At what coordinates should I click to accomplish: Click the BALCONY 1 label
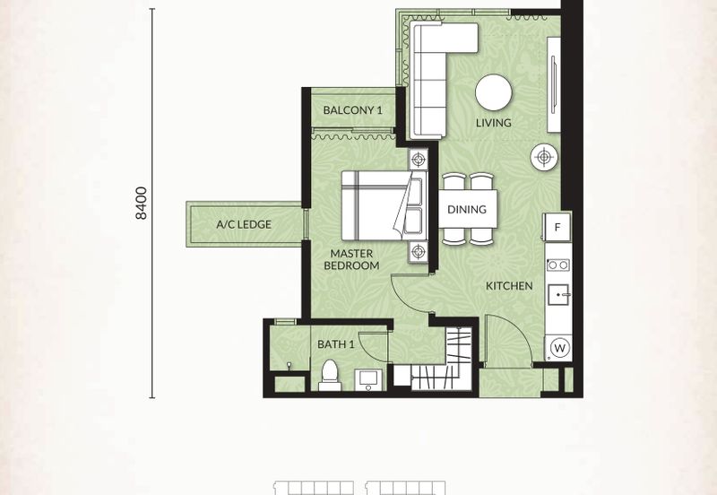click(352, 110)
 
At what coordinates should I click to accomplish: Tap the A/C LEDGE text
click(244, 224)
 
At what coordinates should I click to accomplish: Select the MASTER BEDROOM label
click(351, 259)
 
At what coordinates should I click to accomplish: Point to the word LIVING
click(494, 123)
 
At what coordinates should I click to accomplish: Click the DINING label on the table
click(467, 210)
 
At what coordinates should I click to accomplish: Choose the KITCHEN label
click(509, 286)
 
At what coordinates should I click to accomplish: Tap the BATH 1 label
click(335, 344)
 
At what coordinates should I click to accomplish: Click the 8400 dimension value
click(142, 204)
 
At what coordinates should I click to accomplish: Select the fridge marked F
click(557, 227)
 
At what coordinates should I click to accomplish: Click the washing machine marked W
click(559, 348)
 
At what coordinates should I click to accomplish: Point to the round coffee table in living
click(494, 92)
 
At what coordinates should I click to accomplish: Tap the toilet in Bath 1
click(330, 375)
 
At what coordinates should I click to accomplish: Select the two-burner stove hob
click(558, 265)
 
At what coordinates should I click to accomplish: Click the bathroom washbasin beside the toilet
click(368, 380)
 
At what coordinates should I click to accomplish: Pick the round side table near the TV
click(544, 157)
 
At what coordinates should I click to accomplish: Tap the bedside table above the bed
click(418, 160)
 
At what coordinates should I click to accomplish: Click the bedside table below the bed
click(418, 251)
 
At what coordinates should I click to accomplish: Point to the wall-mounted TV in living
click(554, 84)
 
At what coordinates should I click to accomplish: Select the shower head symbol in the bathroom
click(289, 366)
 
